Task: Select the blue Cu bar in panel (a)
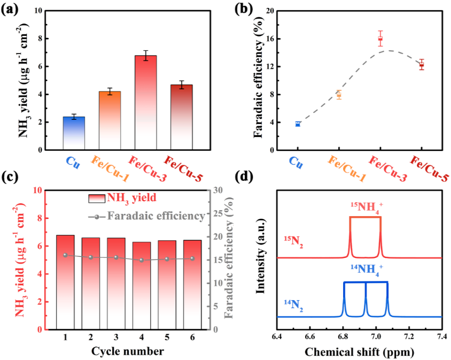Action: pyautogui.click(x=74, y=133)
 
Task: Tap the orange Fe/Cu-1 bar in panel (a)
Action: pyautogui.click(x=110, y=121)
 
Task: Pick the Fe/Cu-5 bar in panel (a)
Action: pyautogui.click(x=181, y=117)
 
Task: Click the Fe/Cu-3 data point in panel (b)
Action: pyautogui.click(x=380, y=39)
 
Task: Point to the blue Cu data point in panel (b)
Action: pyautogui.click(x=298, y=124)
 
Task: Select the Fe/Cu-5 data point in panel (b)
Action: pyautogui.click(x=422, y=65)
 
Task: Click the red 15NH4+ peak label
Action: pyautogui.click(x=366, y=206)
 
